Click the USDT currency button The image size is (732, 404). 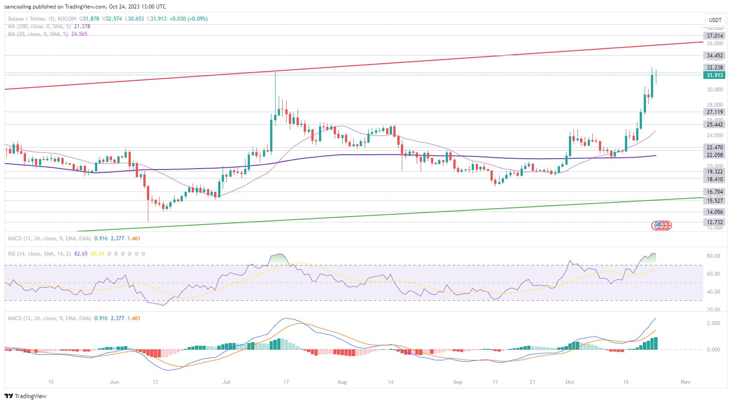pyautogui.click(x=715, y=20)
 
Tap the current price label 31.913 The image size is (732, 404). pyautogui.click(x=715, y=75)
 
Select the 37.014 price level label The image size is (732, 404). pyautogui.click(x=715, y=36)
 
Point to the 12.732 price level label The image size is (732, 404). pyautogui.click(x=715, y=222)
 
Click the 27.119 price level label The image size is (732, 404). pyautogui.click(x=715, y=112)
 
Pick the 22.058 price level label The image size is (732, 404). pyautogui.click(x=715, y=155)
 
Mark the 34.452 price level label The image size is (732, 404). pyautogui.click(x=715, y=56)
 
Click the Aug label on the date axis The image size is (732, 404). pyautogui.click(x=342, y=382)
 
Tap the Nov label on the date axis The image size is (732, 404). pyautogui.click(x=685, y=382)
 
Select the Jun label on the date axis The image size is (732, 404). pyautogui.click(x=114, y=382)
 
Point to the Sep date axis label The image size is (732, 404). pyautogui.click(x=457, y=382)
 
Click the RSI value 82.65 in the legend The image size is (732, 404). pyautogui.click(x=81, y=254)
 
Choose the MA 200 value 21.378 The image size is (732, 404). pyautogui.click(x=82, y=26)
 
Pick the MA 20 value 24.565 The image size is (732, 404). pyautogui.click(x=79, y=34)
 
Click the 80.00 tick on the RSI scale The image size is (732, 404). pyautogui.click(x=713, y=256)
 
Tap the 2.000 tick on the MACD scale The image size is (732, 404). pyautogui.click(x=713, y=323)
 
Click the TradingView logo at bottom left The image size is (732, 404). pyautogui.click(x=26, y=396)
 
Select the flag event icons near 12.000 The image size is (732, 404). pyautogui.click(x=662, y=226)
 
